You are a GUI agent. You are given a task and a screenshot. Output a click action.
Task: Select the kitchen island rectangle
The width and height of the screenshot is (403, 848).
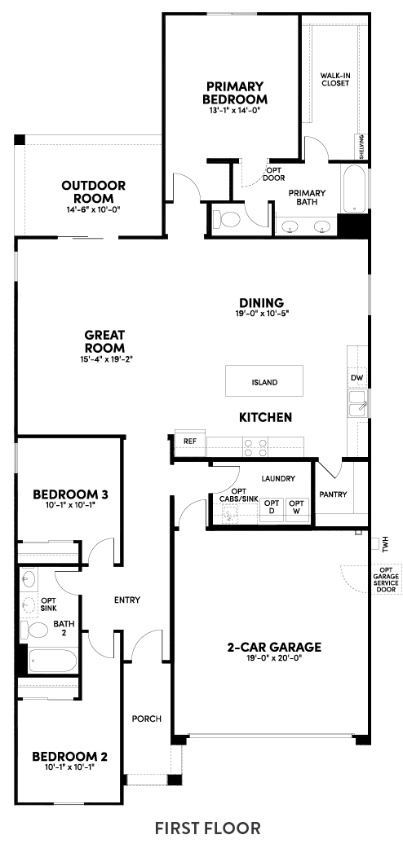point(264,382)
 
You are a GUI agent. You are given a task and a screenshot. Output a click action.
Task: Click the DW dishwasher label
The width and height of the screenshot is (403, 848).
point(356,377)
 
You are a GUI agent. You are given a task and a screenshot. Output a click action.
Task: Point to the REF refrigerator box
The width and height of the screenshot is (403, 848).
point(189,441)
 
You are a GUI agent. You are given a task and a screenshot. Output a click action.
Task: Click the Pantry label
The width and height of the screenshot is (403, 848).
point(333,494)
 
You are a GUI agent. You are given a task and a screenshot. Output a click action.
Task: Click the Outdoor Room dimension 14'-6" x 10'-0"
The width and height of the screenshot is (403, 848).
point(93,209)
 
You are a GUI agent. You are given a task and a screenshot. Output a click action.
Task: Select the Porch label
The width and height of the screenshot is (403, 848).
point(147,718)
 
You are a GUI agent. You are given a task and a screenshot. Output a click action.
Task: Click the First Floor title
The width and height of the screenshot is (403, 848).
point(208,828)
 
